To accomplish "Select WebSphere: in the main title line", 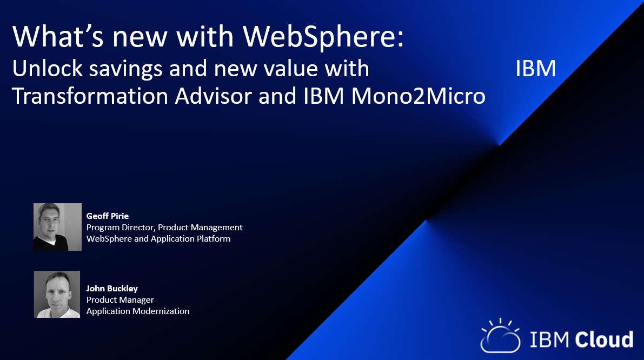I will [323, 37].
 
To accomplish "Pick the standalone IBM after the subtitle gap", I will [535, 69].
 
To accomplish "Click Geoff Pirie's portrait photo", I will [57, 227].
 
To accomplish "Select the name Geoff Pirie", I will [108, 216].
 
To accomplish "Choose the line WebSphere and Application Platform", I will [158, 239].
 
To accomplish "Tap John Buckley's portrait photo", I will [57, 295].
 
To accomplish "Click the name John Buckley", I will [112, 288].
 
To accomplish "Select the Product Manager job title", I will [120, 300].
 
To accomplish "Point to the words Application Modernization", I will [138, 311].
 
